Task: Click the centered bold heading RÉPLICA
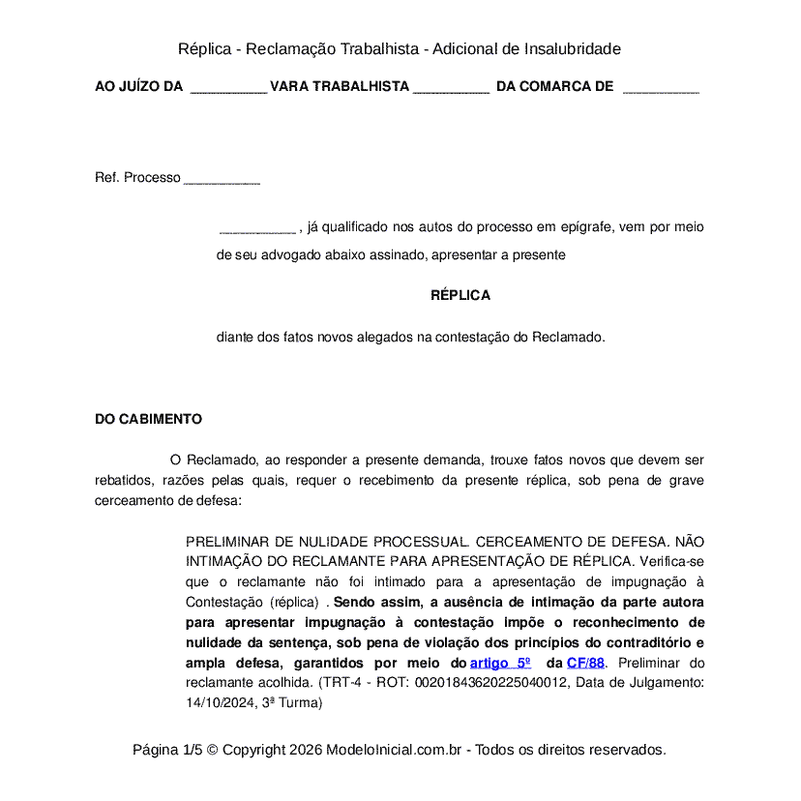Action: click(x=460, y=295)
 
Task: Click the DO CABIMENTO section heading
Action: click(x=148, y=419)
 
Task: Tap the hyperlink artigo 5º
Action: click(x=500, y=663)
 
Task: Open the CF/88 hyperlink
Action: click(x=585, y=663)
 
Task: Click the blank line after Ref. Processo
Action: click(x=222, y=179)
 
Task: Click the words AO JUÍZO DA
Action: click(x=138, y=87)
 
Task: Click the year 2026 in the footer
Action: click(x=304, y=750)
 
